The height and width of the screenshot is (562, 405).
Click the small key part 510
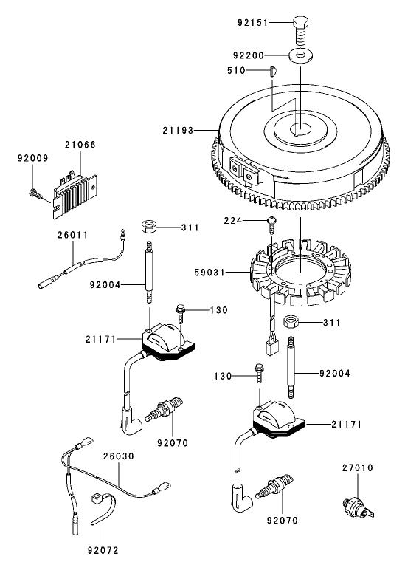(271, 72)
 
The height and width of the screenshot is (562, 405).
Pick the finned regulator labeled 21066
(76, 185)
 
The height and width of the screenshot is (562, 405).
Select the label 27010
(359, 467)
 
